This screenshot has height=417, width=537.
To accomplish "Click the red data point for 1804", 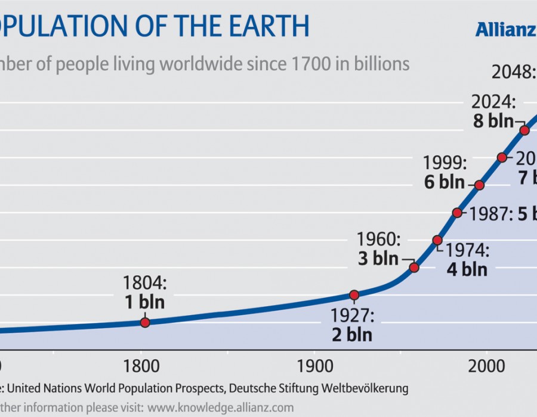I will coord(144,322).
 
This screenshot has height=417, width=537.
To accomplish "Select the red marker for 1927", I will coord(354,295).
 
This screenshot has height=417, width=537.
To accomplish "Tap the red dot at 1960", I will coord(414,267).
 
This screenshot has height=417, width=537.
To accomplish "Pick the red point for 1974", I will coord(437,240).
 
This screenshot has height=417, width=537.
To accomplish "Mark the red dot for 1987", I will coord(457,213).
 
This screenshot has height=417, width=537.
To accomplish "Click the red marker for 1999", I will coord(479,185).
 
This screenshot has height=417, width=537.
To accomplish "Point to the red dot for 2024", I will coord(524,130).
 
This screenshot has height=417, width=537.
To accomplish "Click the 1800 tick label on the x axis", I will coord(141,365).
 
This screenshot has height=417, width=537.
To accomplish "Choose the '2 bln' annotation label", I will coord(352,334).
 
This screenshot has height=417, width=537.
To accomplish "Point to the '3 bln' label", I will coord(378,259).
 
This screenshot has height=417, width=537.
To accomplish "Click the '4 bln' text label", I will coord(467,269).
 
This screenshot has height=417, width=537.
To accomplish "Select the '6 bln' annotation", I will coord(445,182).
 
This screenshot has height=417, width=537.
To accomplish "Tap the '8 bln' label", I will coord(493,120).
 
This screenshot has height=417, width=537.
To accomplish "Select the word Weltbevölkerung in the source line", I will coord(356,388).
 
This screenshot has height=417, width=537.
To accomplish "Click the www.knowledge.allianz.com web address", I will coord(221,407).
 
